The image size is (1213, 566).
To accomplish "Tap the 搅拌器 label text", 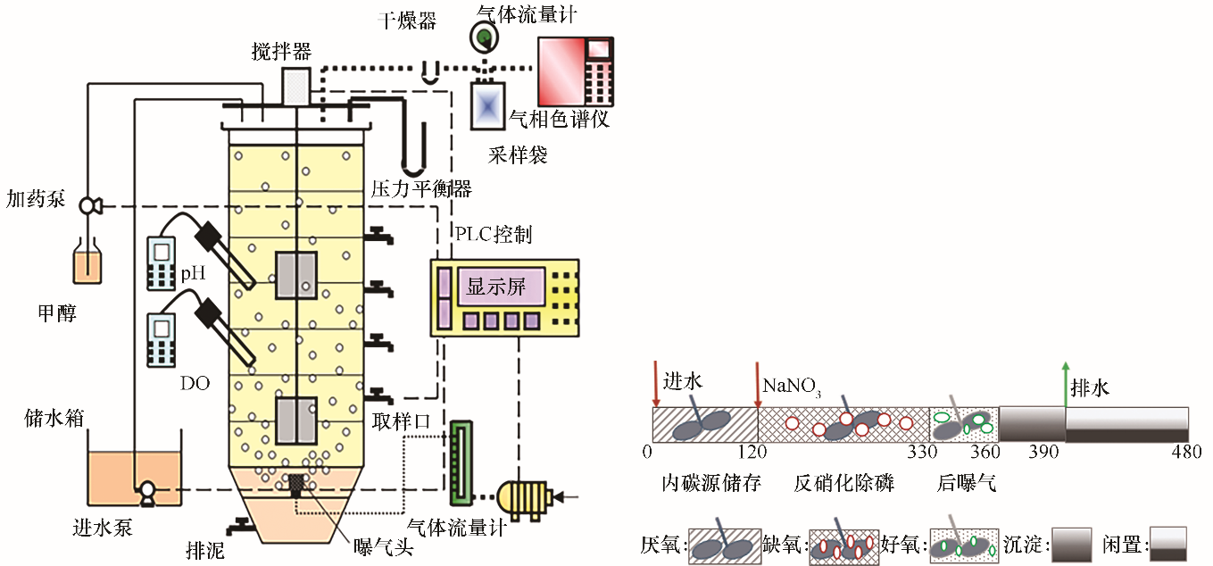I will click(x=281, y=52).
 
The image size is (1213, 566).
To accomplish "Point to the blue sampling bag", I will click(x=487, y=106).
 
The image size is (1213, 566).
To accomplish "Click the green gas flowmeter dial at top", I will click(x=485, y=36).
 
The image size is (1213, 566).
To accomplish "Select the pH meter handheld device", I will click(x=162, y=262).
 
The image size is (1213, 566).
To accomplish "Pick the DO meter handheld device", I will click(x=162, y=340).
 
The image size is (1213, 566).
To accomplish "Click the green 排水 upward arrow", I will click(x=1064, y=384).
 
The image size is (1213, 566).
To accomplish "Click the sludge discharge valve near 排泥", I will click(x=243, y=527).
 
